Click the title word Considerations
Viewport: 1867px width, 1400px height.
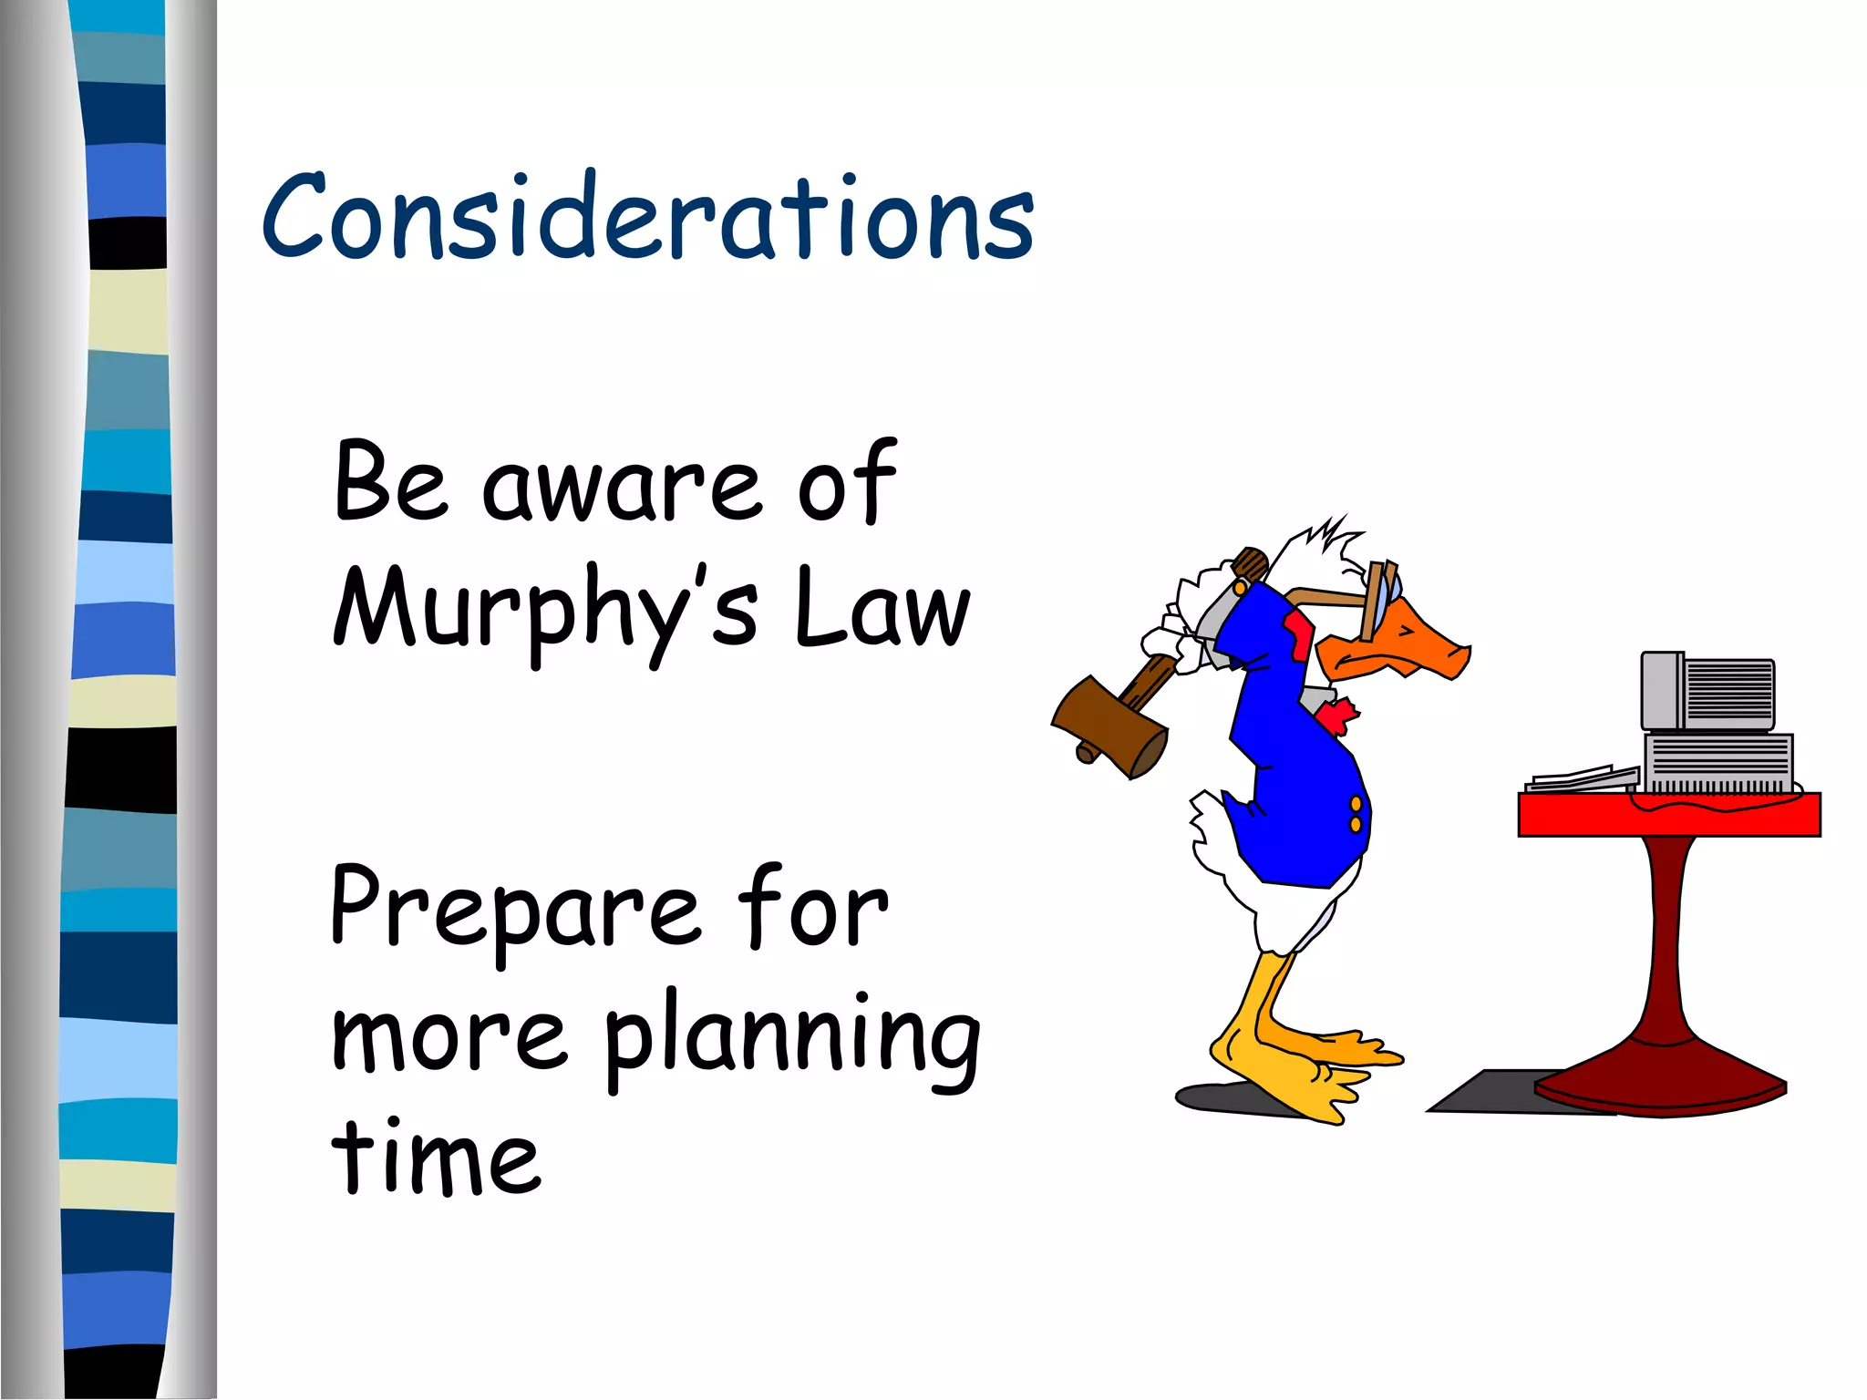pos(647,217)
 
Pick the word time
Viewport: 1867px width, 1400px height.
pos(436,1158)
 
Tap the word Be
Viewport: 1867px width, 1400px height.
pos(392,483)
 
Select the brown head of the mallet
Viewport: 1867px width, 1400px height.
pos(1110,727)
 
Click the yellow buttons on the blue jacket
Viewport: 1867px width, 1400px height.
pos(1356,814)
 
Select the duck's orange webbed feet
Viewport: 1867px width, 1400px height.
pos(1304,1066)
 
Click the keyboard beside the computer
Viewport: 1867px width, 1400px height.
pos(1582,780)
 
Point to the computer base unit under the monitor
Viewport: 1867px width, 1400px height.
pos(1718,762)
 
